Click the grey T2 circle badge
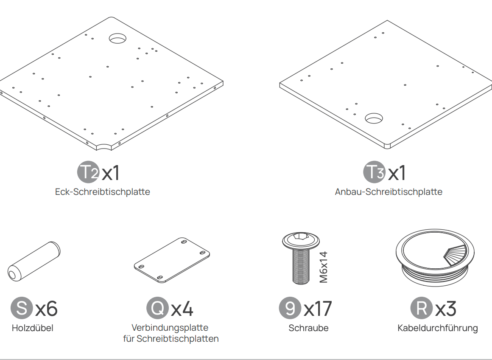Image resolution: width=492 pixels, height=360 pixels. (x=89, y=172)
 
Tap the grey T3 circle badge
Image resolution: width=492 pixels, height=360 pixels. (x=375, y=172)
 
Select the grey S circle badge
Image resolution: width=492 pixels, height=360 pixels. (x=22, y=308)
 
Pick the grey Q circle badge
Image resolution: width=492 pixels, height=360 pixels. (x=157, y=308)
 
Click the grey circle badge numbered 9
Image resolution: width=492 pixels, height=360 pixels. (x=290, y=308)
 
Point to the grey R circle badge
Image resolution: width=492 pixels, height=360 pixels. (x=422, y=308)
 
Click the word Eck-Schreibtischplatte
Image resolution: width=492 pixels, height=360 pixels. (x=103, y=191)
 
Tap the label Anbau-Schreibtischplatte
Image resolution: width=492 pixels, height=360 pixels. (x=389, y=191)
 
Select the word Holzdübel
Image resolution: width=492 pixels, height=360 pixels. (x=33, y=328)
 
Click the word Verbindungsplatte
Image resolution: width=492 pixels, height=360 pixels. (x=170, y=328)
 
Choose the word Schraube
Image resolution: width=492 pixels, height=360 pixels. (x=308, y=328)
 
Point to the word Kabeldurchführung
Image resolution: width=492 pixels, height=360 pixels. (x=438, y=328)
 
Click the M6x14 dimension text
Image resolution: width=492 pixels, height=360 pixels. (x=324, y=267)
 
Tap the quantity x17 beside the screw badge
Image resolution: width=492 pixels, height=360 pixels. (x=318, y=309)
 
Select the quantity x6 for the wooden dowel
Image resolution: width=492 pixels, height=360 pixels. (x=46, y=309)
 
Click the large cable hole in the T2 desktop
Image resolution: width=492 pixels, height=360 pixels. (x=117, y=38)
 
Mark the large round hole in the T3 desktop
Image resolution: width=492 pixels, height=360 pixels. (x=374, y=118)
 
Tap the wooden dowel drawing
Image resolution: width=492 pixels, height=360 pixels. (x=34, y=262)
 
